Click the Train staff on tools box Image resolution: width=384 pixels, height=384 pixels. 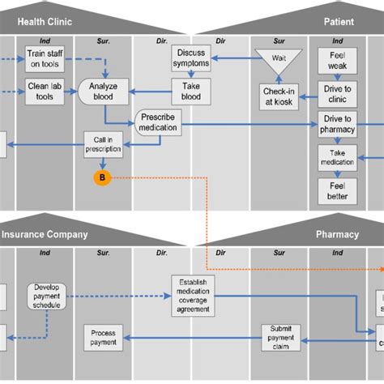(x=45, y=59)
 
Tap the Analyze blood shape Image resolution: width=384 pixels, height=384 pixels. (x=103, y=91)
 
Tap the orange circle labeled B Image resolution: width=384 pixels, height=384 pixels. (x=102, y=177)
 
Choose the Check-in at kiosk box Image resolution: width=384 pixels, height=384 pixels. (x=279, y=96)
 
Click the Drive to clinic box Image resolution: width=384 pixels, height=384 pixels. (x=337, y=92)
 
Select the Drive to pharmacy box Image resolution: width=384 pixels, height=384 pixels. (x=337, y=125)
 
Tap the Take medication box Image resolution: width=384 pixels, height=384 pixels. (x=337, y=156)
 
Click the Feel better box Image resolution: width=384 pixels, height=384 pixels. (x=337, y=190)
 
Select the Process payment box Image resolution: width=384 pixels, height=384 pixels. (x=103, y=337)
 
